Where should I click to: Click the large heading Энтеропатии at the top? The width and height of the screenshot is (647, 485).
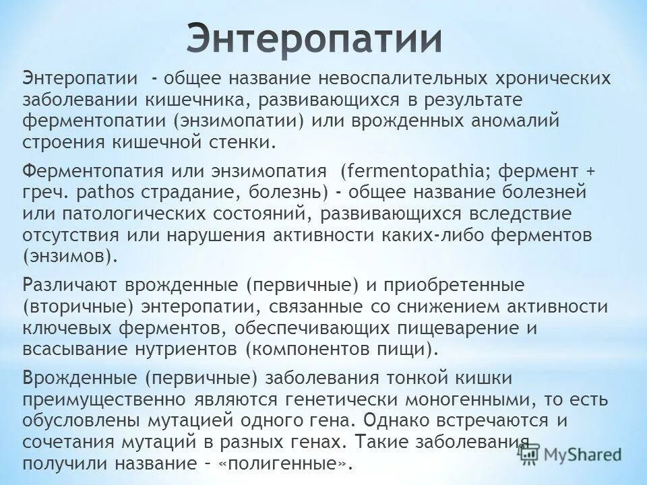tap(315, 38)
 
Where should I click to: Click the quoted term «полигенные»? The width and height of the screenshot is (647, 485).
tap(286, 465)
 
